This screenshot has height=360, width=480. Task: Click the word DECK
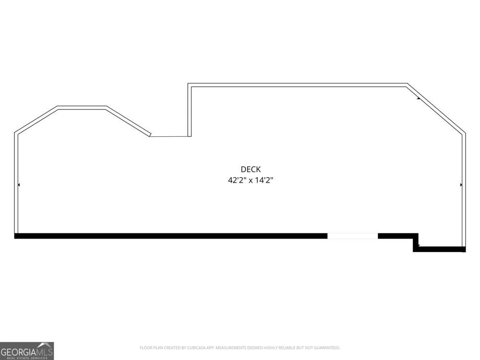251,169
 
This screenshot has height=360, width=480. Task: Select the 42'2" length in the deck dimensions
237,180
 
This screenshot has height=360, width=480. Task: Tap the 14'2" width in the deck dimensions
264,180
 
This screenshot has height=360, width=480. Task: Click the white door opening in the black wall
353,236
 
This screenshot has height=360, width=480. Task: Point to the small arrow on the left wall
19,185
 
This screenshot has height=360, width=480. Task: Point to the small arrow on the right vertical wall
461,185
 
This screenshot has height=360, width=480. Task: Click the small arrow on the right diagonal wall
419,98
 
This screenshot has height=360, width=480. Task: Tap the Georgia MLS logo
27,351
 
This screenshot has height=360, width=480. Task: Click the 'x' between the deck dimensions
251,180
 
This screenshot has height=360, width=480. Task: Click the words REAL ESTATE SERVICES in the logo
27,358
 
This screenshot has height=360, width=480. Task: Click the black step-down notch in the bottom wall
416,242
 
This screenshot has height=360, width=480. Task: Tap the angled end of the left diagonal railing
150,134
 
